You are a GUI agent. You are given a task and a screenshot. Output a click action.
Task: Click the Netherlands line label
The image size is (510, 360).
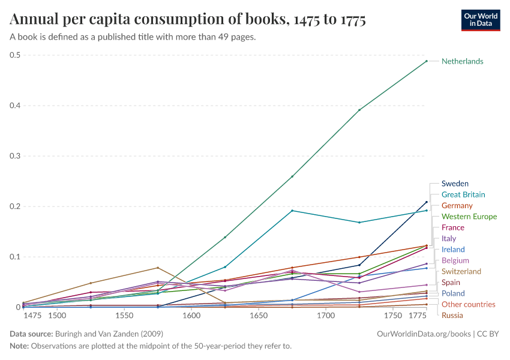click(462, 61)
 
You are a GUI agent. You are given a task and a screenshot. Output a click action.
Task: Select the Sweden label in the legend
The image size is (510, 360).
click(455, 184)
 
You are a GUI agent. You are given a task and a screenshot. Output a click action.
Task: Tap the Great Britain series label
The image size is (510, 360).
click(463, 194)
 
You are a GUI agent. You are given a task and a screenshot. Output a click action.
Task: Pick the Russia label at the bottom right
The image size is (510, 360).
click(452, 315)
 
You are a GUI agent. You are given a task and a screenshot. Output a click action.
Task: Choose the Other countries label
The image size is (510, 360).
click(468, 304)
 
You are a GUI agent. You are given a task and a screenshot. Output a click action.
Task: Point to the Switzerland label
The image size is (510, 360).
click(461, 271)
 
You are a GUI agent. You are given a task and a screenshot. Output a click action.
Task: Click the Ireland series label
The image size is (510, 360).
click(453, 250)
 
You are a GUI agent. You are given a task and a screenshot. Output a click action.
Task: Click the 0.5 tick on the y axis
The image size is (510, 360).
click(15, 55)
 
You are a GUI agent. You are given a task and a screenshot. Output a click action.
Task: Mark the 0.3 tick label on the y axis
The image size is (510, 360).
click(15, 156)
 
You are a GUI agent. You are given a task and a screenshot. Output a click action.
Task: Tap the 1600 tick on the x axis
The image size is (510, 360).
click(191, 316)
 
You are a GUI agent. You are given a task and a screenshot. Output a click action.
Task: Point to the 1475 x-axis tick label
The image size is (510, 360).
click(31, 316)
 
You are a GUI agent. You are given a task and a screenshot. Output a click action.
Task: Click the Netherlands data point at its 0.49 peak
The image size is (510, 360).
click(427, 61)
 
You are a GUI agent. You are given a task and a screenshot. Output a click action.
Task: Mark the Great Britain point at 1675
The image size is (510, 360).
click(292, 211)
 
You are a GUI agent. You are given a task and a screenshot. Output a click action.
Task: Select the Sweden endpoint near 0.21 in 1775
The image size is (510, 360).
click(427, 202)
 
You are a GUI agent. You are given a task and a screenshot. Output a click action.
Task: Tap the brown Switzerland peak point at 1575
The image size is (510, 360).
click(158, 268)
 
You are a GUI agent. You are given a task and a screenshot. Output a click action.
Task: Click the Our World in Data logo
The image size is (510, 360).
click(480, 19)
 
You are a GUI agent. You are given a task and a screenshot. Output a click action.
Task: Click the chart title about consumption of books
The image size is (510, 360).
click(188, 20)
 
